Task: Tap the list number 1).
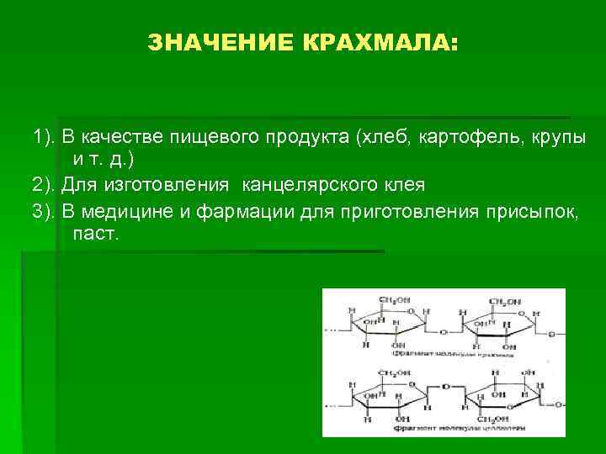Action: click(44, 137)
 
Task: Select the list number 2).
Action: click(44, 184)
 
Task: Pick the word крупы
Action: click(550, 137)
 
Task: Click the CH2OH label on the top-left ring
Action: click(394, 300)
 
